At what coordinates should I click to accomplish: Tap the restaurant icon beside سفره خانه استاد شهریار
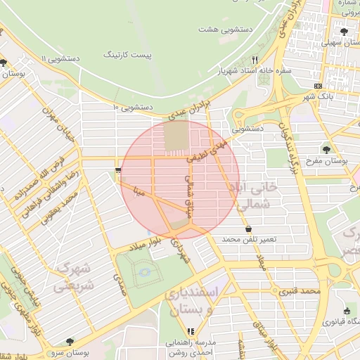click(x=255, y=60)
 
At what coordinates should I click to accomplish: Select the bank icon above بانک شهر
click(x=319, y=86)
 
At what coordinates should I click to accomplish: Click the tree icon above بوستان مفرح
click(x=326, y=149)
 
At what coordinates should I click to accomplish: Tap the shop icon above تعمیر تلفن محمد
click(x=249, y=229)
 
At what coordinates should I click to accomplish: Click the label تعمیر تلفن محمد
click(x=250, y=240)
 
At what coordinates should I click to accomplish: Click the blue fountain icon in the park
click(x=146, y=272)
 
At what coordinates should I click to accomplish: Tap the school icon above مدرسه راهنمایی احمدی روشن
click(x=190, y=331)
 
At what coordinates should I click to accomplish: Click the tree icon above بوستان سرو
click(x=69, y=342)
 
